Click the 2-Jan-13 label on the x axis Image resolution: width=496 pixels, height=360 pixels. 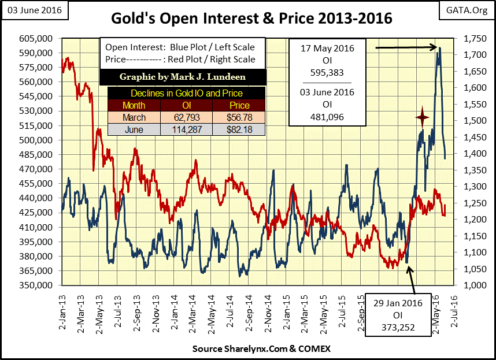point(61,310)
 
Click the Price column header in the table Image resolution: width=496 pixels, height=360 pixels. point(238,106)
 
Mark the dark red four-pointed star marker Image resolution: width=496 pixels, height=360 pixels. point(422,118)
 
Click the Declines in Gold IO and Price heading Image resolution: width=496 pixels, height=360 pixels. point(186,93)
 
